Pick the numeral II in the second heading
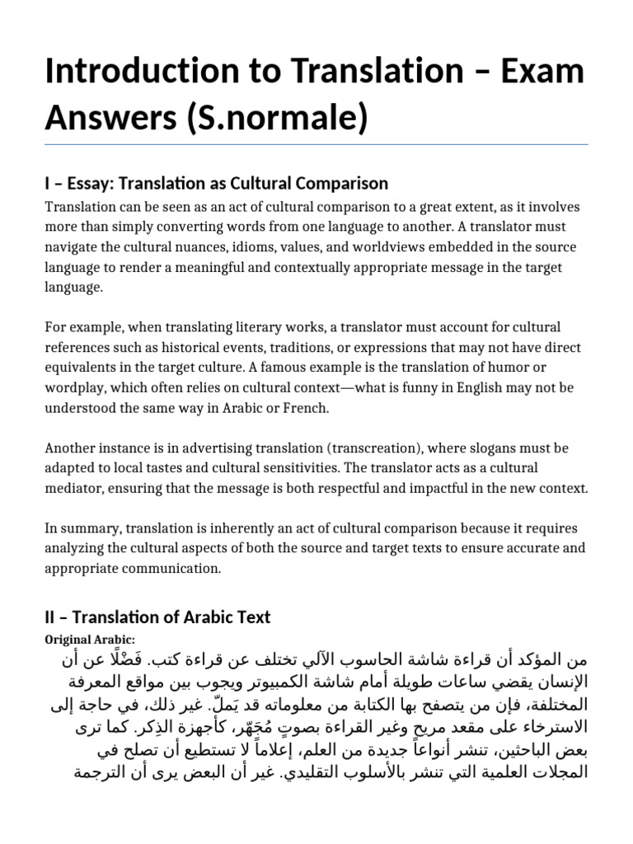click(x=51, y=617)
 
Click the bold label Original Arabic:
click(x=90, y=640)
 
